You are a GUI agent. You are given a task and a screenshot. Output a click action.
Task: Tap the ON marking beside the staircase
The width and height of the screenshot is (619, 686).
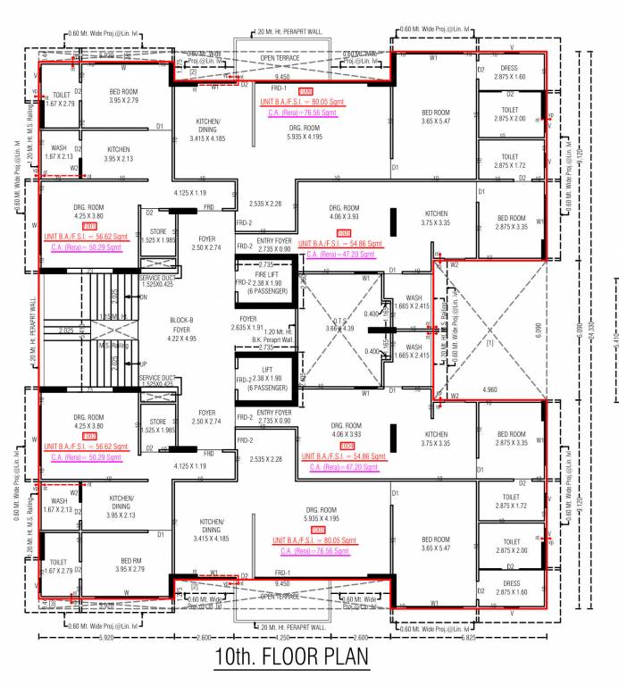pyautogui.click(x=144, y=297)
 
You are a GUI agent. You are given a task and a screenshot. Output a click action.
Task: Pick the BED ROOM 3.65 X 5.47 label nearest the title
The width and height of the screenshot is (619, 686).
pyautogui.click(x=435, y=545)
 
